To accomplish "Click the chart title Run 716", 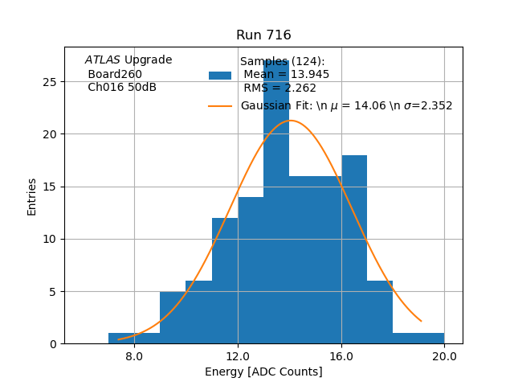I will pos(263,35).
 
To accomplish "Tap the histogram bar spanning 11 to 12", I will pos(225,281).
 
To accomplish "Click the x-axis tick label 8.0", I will pos(134,356).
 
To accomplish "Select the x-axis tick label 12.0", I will pos(238,356).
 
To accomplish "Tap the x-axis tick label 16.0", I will pos(341,356).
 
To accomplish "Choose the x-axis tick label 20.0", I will pos(444,356).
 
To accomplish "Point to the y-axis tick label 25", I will pos(49,82).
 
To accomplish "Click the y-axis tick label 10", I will pos(49,239).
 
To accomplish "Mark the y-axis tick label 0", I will pos(52,344).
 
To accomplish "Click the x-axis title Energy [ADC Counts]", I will pos(263,372).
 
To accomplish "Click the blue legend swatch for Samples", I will pos(220,75).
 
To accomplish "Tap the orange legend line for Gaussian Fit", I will pos(220,105).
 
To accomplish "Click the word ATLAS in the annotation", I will pos(103,60).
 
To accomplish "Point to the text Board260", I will pos(115,74).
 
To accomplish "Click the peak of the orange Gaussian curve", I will pos(290,121).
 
